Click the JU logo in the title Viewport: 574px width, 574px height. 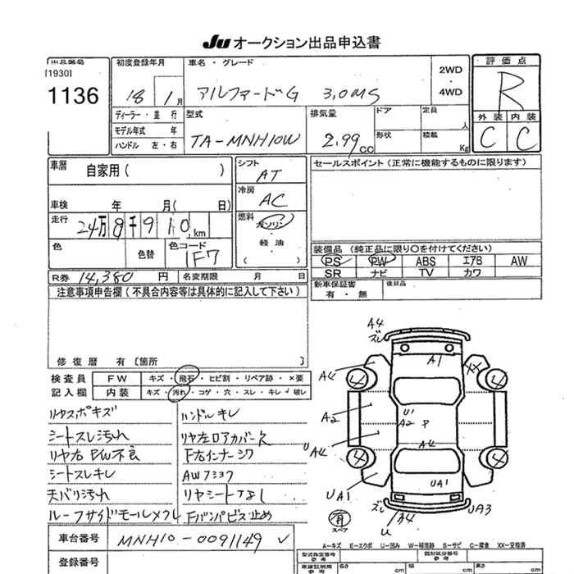click(x=216, y=43)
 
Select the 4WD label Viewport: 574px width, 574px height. click(x=450, y=92)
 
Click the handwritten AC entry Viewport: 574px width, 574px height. click(x=269, y=199)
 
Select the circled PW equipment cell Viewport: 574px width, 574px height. click(x=379, y=261)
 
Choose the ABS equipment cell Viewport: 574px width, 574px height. click(x=426, y=261)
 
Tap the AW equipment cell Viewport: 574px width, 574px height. click(x=518, y=261)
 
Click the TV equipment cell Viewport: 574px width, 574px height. click(x=426, y=272)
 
